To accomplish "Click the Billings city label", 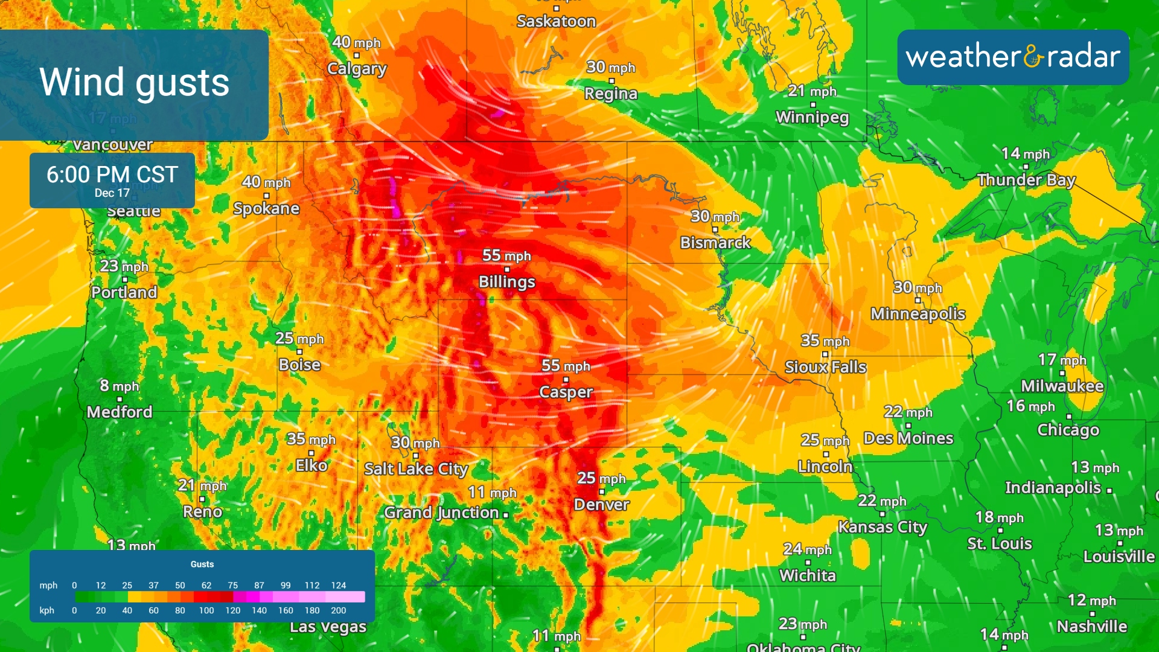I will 506,282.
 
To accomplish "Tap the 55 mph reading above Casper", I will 566,366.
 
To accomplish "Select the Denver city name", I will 601,505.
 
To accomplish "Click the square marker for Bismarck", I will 715,229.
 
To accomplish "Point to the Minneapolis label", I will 918,314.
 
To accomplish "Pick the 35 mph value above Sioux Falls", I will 825,341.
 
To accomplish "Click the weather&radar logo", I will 1013,57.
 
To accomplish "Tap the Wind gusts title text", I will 134,82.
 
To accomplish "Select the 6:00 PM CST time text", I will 112,174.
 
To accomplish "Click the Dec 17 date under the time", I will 112,193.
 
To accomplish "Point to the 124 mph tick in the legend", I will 339,586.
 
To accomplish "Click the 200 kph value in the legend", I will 339,610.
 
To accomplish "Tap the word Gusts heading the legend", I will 202,564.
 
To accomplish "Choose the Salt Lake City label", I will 416,469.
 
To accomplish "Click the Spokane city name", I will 266,209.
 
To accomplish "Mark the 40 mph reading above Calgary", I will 356,42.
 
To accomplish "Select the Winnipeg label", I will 812,117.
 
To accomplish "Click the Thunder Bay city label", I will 1026,180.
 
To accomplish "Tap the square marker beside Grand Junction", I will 506,515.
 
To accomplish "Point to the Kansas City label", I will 882,527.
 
